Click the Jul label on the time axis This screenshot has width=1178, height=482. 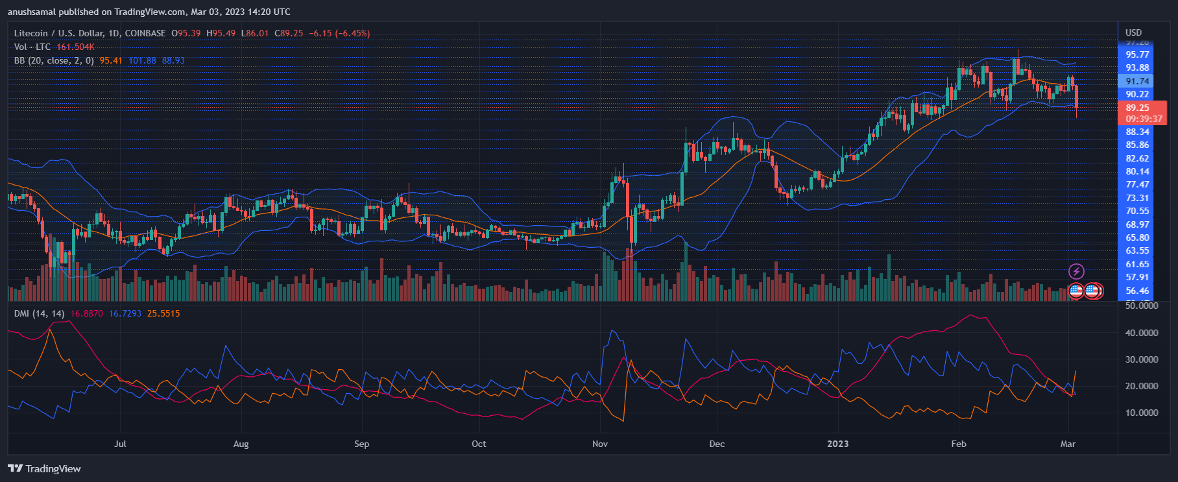coord(120,444)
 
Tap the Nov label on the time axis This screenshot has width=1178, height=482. coord(600,444)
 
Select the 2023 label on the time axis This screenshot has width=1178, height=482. coord(837,444)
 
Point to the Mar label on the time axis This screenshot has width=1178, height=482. coord(1068,444)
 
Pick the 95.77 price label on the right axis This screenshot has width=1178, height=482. coord(1137,54)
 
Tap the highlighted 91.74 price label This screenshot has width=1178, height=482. coord(1137,81)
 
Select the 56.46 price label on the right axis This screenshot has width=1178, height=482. coord(1137,291)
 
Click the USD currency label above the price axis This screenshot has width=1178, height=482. coord(1133,32)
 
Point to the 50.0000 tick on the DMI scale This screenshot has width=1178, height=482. coord(1141,306)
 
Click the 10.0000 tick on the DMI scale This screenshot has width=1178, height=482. coord(1141,413)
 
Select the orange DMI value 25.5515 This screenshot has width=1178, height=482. coord(163,313)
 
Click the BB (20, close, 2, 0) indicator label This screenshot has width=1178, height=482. coord(54,60)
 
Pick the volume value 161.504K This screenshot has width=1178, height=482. coord(75,47)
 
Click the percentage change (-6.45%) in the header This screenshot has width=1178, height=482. coord(353,33)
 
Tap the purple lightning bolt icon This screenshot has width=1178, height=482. coord(1076,271)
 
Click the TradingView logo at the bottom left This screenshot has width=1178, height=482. coord(44,468)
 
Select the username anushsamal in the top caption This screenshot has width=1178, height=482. coord(32,12)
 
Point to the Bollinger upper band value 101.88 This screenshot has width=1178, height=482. coord(142,60)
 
